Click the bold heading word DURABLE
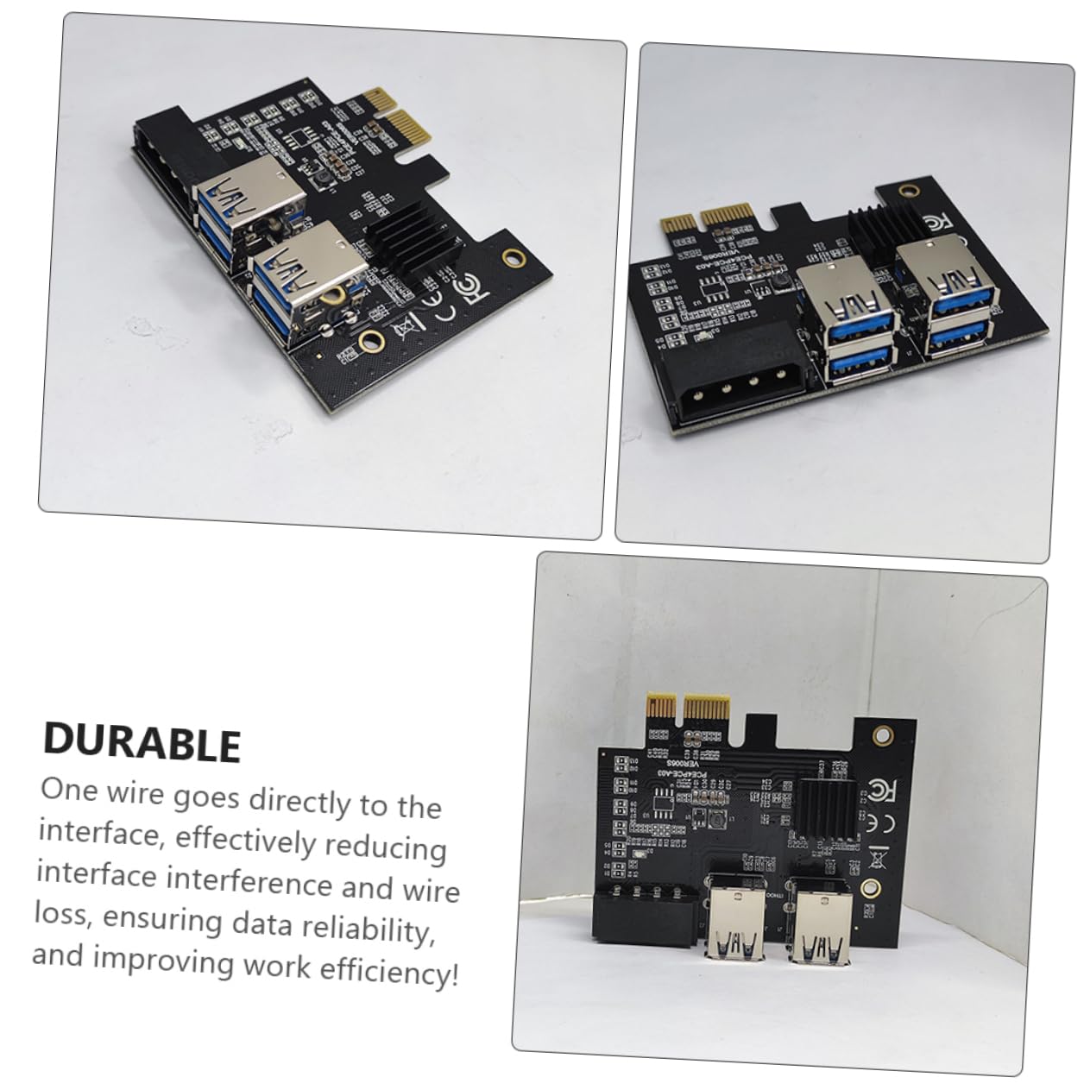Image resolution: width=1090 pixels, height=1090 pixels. pos(142,743)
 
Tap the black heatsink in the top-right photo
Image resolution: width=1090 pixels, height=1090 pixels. pos(873,227)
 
